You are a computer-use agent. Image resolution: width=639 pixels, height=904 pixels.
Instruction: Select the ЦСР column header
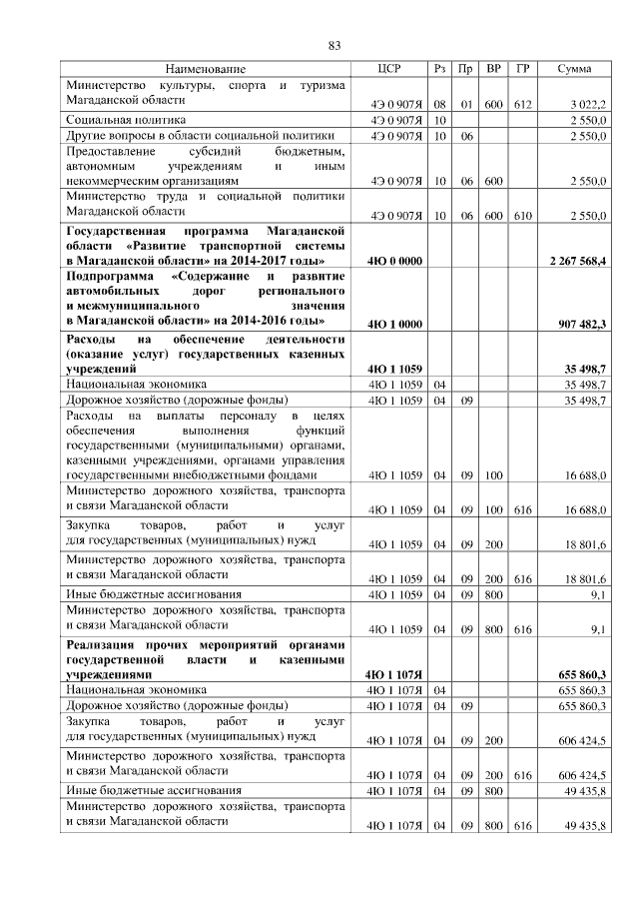[x=389, y=68]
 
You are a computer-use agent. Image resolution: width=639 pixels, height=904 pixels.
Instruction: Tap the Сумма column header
[x=573, y=68]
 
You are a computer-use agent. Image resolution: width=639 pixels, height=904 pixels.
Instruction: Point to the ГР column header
[x=522, y=68]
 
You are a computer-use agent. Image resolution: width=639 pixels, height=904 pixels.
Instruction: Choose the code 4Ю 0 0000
[x=392, y=261]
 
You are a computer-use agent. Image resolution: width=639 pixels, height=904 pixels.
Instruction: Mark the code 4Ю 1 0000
[x=392, y=324]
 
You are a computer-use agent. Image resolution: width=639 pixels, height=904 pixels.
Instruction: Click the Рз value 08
[x=440, y=104]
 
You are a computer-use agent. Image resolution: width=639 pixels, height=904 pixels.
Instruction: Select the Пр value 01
[x=465, y=104]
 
